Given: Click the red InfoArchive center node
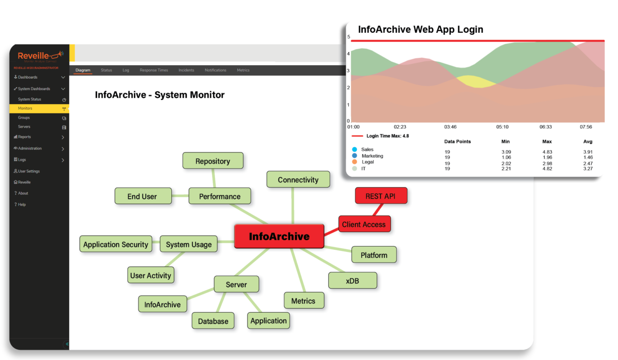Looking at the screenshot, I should coord(279,236).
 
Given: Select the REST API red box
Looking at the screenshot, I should coord(381,196).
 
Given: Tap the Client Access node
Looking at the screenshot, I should coord(364,224).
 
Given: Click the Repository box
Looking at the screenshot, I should coord(212,161).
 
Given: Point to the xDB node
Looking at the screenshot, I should coord(352,281).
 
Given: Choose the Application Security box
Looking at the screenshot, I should coord(116,245).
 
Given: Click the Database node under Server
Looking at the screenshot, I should coord(213,321).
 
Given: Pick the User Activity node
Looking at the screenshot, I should coord(151,276).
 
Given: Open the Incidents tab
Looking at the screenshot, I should coord(186,70).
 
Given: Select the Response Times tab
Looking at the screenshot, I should coord(154,70).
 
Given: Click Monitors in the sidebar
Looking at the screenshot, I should coord(25,109).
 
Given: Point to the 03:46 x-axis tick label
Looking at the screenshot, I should coord(450,127).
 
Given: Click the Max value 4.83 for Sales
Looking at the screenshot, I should coord(547,152).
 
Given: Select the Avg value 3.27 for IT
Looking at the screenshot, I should coord(588,169).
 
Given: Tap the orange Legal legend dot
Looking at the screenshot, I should coord(355,162).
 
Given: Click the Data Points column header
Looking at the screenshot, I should coord(457,142).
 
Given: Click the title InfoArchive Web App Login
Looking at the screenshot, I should coord(420,29).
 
